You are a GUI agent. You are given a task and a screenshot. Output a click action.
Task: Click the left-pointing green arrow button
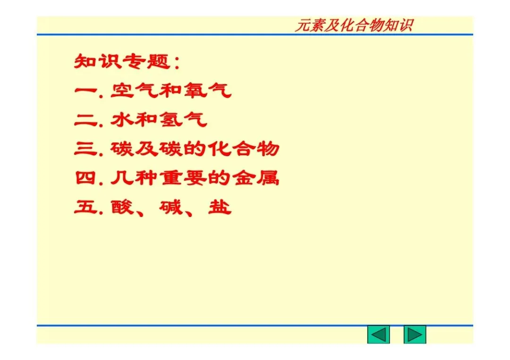point(378,335)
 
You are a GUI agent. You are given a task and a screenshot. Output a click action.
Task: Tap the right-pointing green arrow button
point(415,335)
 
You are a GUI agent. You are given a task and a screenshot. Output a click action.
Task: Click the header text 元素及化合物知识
point(354,25)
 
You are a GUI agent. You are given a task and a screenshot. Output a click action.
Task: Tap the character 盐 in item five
point(220,208)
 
